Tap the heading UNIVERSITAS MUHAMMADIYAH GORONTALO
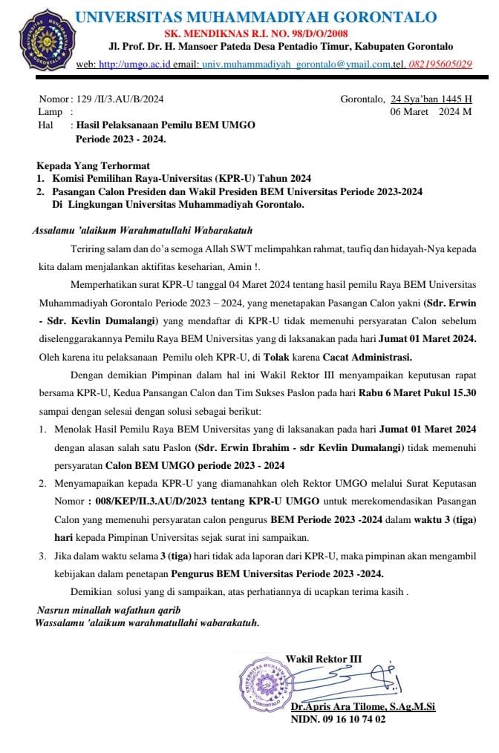click(256, 17)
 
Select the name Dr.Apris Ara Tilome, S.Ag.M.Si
click(362, 707)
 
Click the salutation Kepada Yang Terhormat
click(93, 165)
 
